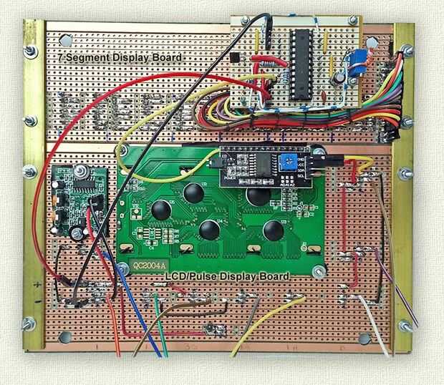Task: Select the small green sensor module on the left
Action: coord(78,200)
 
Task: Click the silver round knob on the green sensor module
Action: coord(80,172)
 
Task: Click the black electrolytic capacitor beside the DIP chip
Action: coord(335,75)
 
